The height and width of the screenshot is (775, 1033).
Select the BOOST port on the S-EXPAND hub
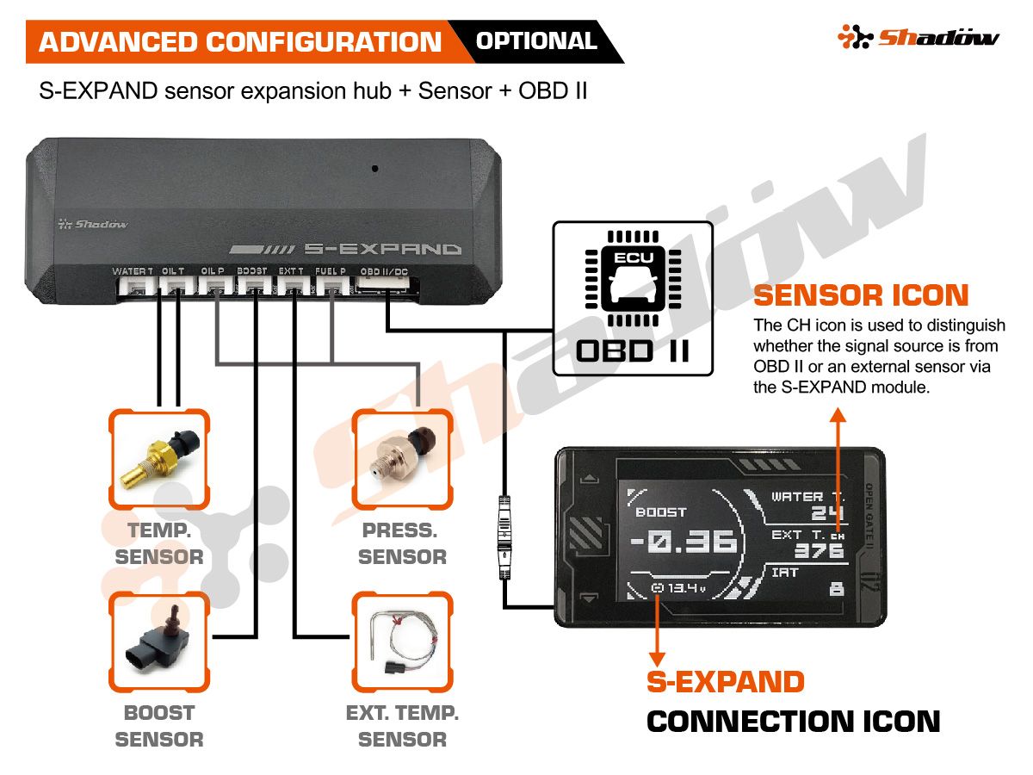pyautogui.click(x=252, y=286)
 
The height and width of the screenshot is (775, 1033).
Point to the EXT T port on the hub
pyautogui.click(x=292, y=286)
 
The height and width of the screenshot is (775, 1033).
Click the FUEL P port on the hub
pyautogui.click(x=331, y=286)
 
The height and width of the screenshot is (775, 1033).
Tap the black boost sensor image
pyautogui.click(x=159, y=642)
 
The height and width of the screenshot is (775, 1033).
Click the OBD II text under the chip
pyautogui.click(x=632, y=351)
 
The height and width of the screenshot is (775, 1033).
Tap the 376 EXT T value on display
pyautogui.click(x=819, y=552)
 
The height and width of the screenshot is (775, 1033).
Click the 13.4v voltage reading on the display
pyautogui.click(x=680, y=589)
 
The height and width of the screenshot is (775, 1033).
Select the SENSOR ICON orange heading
pyautogui.click(x=861, y=296)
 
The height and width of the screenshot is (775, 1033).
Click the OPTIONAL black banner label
pyautogui.click(x=536, y=41)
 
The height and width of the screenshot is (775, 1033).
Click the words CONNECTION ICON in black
pyautogui.click(x=793, y=722)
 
